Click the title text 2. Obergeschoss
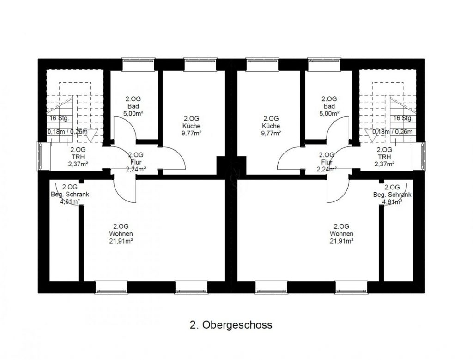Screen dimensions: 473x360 click(231, 325)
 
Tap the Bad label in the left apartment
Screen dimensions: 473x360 click(133, 106)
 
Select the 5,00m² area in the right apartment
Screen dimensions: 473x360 click(329, 114)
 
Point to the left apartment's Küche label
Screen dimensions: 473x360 click(192, 126)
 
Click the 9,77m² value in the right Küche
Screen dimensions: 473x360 click(271, 133)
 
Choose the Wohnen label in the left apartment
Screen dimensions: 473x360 click(121, 233)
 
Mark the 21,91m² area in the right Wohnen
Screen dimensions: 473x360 click(341, 241)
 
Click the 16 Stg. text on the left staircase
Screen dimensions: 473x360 click(60, 118)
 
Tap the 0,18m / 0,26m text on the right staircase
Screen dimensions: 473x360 click(392, 132)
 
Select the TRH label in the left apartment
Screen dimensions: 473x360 click(78, 157)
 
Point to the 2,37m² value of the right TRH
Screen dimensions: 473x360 click(384, 164)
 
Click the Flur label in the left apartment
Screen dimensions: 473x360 click(136, 162)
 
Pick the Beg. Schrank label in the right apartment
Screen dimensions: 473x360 click(392, 195)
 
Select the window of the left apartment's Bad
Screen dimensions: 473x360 click(139, 65)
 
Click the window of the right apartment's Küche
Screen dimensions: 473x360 click(262, 65)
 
